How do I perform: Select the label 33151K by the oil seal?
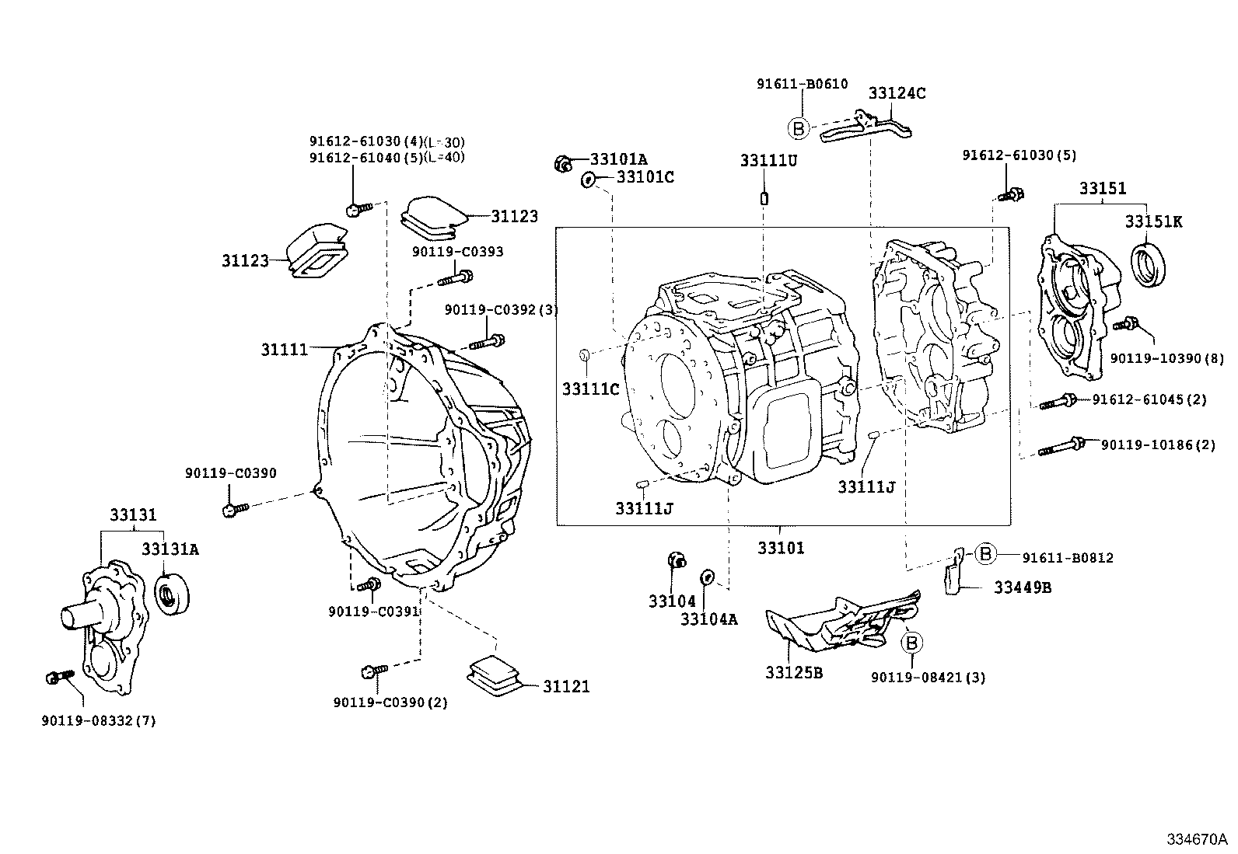(x=1152, y=222)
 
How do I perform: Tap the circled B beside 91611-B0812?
(x=984, y=553)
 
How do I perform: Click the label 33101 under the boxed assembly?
(x=781, y=548)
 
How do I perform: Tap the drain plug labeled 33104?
(x=677, y=559)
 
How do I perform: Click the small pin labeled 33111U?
(x=764, y=197)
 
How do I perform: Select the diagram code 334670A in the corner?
(x=1196, y=839)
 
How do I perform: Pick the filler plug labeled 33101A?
(x=562, y=163)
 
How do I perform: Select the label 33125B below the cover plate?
(x=793, y=673)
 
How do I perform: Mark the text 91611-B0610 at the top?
(x=801, y=84)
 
